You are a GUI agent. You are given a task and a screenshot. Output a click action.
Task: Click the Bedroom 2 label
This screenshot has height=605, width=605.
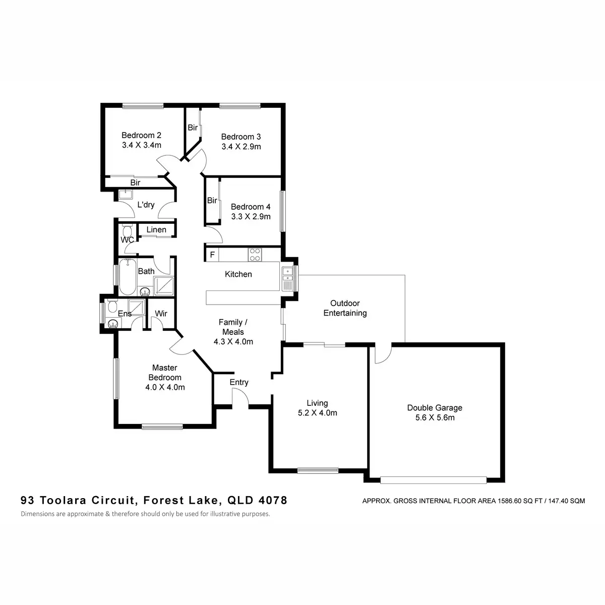[141, 135]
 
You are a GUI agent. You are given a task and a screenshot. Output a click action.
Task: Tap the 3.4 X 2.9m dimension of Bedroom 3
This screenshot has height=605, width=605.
[241, 147]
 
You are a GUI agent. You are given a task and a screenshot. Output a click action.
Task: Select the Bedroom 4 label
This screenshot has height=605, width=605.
[251, 207]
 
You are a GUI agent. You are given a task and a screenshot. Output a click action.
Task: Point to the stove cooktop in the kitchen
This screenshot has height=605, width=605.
[255, 255]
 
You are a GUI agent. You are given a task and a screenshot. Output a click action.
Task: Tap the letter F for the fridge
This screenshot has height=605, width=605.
[212, 255]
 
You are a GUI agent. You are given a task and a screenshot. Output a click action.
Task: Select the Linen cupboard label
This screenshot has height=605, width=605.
[156, 230]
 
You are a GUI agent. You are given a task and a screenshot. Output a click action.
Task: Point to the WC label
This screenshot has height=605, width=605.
[127, 240]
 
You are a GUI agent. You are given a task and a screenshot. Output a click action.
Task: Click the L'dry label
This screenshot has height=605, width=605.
[146, 205]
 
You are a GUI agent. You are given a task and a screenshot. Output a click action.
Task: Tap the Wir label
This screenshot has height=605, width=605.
[161, 314]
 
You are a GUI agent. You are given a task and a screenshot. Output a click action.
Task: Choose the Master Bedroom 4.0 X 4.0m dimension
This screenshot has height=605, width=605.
[165, 387]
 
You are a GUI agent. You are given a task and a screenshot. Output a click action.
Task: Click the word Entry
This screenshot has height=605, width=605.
[239, 382]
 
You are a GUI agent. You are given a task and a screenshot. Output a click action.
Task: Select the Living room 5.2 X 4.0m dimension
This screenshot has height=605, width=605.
[317, 413]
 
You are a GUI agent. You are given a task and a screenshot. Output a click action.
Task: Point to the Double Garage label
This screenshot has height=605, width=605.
[435, 408]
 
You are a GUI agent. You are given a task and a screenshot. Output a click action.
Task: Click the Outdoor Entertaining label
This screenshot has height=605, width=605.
[345, 308]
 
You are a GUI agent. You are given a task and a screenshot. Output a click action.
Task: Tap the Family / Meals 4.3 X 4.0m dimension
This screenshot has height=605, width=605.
[233, 341]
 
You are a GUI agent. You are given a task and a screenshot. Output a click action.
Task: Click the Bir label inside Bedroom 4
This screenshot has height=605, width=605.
[212, 201]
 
